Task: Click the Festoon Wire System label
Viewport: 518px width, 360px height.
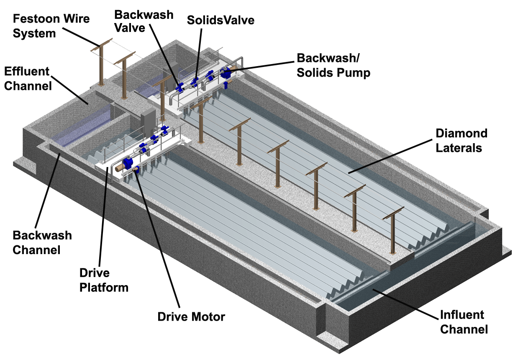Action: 51,26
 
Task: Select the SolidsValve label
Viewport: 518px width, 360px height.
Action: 221,20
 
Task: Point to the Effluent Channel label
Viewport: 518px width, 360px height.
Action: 28,78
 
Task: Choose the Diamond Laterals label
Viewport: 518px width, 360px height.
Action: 461,140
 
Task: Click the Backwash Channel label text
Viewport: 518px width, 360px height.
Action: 42,242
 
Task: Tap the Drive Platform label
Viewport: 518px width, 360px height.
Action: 104,280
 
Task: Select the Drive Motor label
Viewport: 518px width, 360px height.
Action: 191,316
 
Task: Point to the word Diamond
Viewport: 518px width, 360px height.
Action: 461,133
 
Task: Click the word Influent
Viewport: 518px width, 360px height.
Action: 462,314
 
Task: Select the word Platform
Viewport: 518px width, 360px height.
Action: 104,288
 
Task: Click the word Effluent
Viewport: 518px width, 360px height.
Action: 27,71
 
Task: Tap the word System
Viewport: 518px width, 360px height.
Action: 34,33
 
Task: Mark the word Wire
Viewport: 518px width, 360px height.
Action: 77,19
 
